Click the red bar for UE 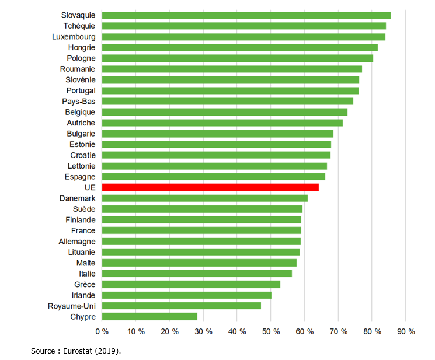tap(210, 187)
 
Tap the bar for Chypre tap(149, 316)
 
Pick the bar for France tap(201, 230)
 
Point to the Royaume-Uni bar tap(181, 306)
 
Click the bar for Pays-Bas tap(227, 101)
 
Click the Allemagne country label tap(77, 241)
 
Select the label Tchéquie tap(79, 26)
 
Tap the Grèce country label tap(85, 284)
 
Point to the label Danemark tap(77, 198)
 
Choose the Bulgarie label tap(81, 134)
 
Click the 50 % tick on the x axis tap(270, 331)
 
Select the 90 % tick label tap(405, 331)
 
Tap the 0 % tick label tap(102, 331)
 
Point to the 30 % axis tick tap(203, 331)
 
